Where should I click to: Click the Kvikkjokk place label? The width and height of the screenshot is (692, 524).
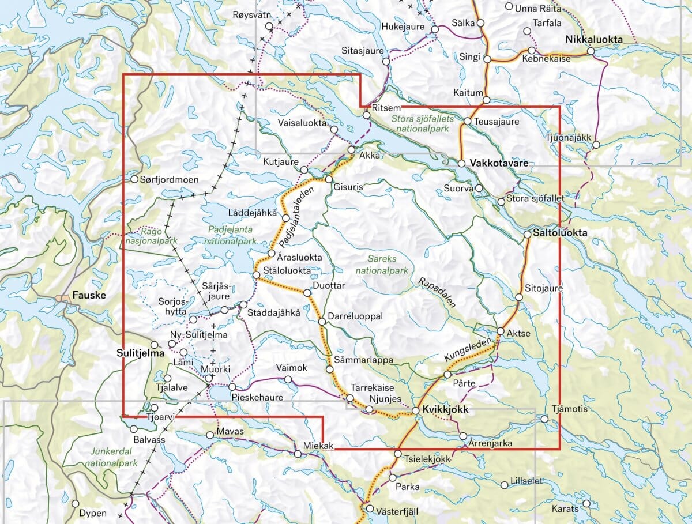(443, 409)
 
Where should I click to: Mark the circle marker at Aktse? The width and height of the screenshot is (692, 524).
(501, 331)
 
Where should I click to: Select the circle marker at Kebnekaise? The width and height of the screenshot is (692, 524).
(532, 51)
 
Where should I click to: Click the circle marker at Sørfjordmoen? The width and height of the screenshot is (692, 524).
(134, 179)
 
